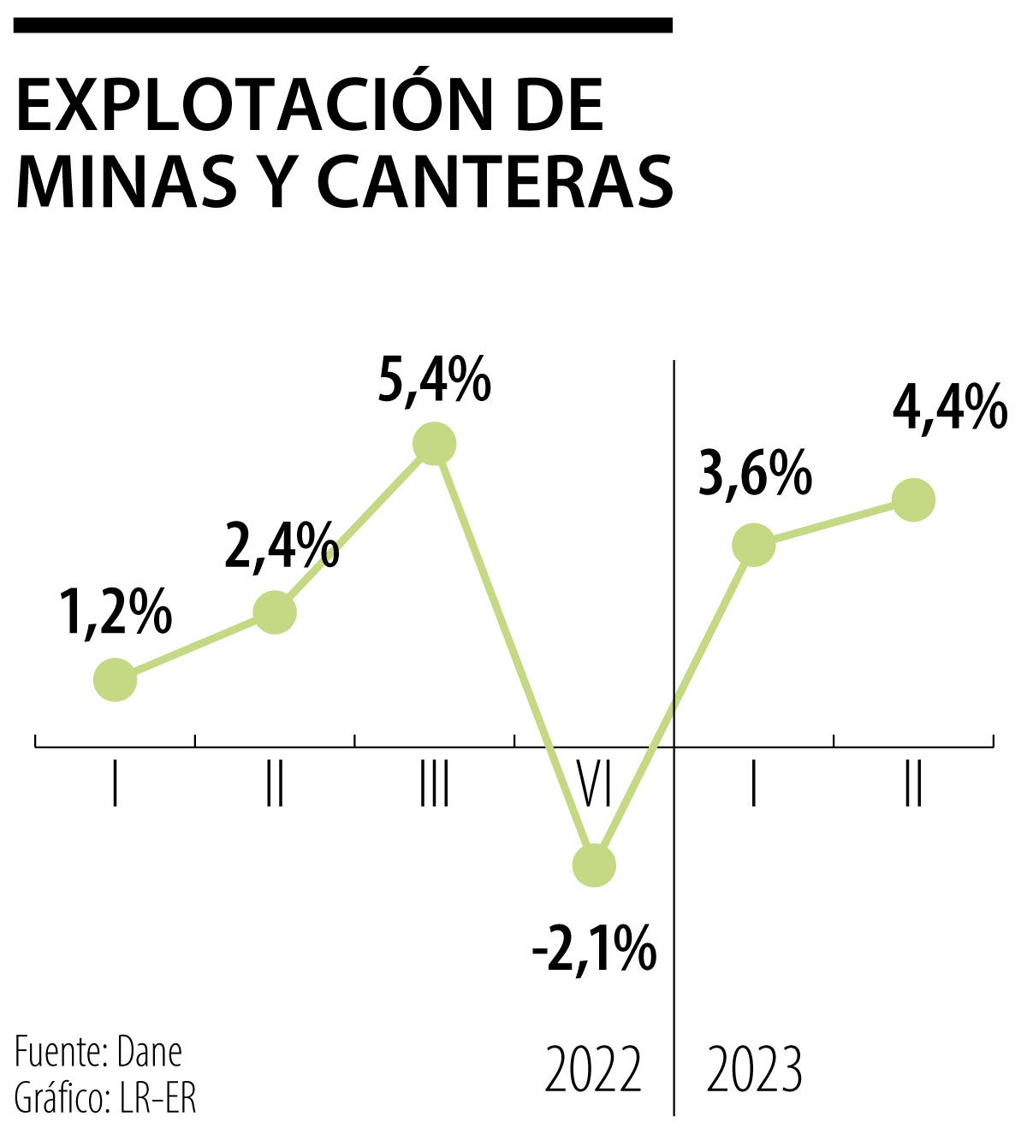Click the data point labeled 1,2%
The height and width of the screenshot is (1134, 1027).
coord(115,680)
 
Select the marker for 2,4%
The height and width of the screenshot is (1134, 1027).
coord(276,612)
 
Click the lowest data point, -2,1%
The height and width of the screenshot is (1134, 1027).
coord(594,865)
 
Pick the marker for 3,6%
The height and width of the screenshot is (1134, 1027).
coord(754,545)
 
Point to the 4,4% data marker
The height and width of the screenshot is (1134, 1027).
coord(913,499)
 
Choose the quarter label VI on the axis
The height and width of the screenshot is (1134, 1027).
coord(594,786)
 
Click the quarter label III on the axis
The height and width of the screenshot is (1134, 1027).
coord(435,786)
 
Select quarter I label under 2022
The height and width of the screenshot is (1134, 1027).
coord(115,786)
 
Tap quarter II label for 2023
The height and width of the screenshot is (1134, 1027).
coord(913,786)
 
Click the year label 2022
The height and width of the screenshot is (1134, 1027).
coord(593,1069)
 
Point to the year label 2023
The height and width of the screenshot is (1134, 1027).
coord(754,1069)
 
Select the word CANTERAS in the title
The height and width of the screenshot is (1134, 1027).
coord(496,181)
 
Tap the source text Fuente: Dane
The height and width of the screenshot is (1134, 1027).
coord(98,1052)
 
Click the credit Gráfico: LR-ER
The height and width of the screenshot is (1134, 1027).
coord(105,1099)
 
